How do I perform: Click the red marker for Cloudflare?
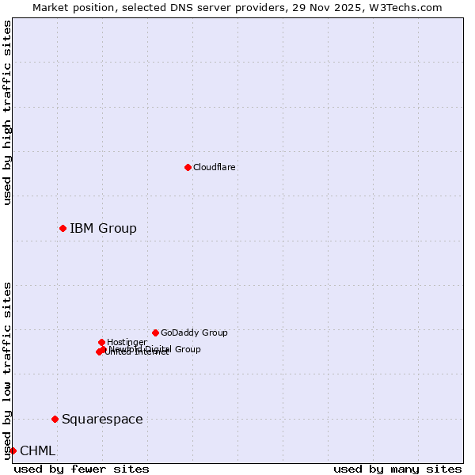(188, 167)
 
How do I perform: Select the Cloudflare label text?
(215, 167)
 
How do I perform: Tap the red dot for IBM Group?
(63, 228)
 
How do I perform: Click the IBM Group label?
(103, 229)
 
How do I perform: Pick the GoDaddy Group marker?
(155, 332)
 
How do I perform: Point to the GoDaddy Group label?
(194, 332)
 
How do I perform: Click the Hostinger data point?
(101, 342)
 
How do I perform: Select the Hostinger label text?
(127, 342)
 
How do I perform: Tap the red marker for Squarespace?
(55, 419)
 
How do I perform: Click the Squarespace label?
(102, 420)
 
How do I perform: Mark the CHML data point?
(13, 450)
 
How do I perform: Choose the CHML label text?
(38, 451)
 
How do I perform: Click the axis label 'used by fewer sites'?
(82, 469)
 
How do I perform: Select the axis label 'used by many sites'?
(397, 469)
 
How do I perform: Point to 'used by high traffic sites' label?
(7, 112)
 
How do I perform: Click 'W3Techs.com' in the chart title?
(408, 7)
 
